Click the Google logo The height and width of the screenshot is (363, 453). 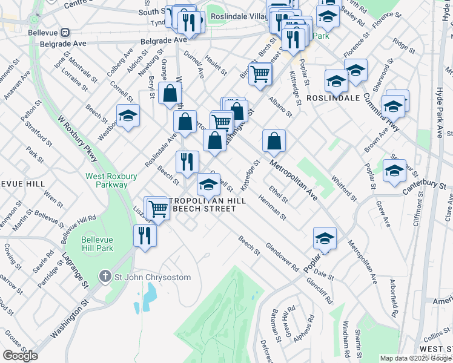click(x=20, y=355)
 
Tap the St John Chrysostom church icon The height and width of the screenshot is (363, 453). click(x=105, y=277)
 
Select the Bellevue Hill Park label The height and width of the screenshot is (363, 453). click(x=98, y=244)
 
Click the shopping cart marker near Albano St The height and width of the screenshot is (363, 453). click(x=260, y=74)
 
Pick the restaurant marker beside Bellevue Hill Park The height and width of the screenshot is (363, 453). click(x=144, y=235)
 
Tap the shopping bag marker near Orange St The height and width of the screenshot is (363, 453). click(x=171, y=94)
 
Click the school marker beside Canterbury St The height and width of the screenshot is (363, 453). click(x=394, y=171)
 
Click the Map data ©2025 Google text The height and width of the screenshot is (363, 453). click(x=415, y=358)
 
